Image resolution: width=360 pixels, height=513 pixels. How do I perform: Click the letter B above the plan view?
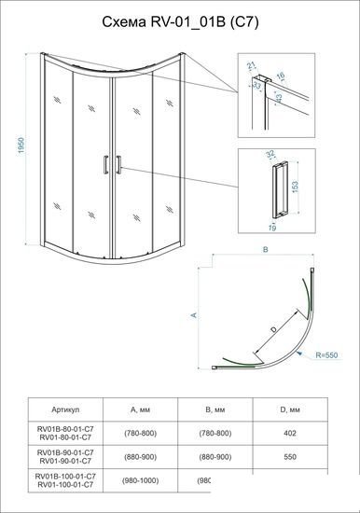(266, 251)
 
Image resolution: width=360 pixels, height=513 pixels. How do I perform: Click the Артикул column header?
(61, 409)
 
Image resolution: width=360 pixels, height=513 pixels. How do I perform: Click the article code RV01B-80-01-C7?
(61, 427)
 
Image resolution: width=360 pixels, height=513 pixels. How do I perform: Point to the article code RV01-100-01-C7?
(61, 487)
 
